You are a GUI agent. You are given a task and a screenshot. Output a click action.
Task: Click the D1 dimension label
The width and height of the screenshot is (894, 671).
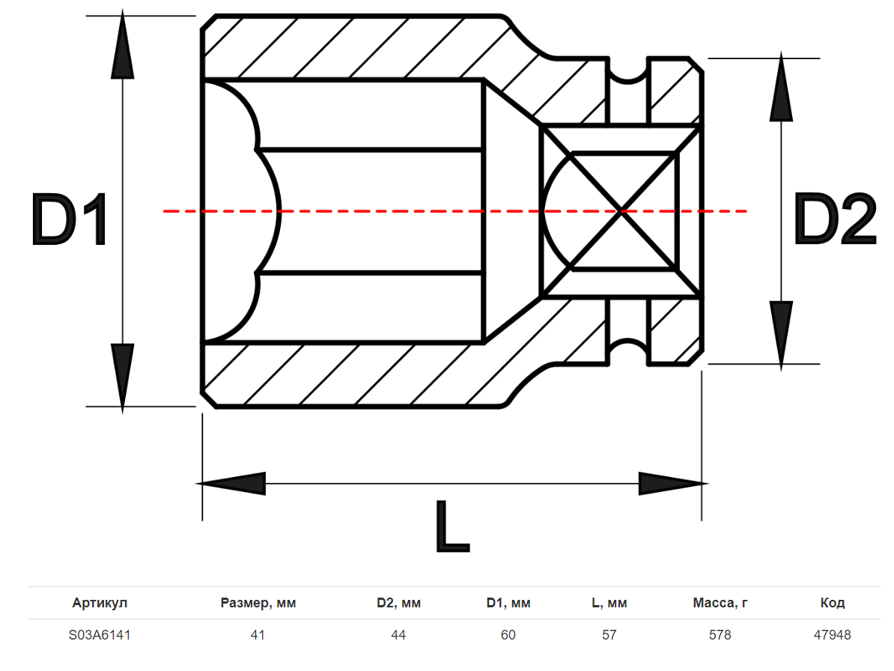tap(70, 219)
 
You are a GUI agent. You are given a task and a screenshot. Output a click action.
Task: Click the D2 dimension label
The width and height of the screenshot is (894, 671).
tap(834, 219)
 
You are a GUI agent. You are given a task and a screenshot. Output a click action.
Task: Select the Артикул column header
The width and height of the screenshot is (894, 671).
tap(100, 603)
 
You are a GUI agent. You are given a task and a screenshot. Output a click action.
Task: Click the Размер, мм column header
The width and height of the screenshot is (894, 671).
tap(258, 603)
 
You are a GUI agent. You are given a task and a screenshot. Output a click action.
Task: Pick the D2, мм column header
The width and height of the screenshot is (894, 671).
tap(398, 603)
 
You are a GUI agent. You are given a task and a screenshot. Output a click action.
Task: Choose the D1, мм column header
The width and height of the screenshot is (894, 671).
tap(508, 603)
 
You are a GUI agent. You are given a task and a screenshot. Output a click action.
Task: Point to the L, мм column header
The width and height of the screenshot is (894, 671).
tap(609, 603)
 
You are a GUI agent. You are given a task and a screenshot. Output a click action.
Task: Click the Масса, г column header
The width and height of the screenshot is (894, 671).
tap(720, 603)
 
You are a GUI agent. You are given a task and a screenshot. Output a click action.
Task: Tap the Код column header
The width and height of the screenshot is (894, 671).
tap(832, 603)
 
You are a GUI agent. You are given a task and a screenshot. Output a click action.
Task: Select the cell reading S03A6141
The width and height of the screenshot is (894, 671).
tap(100, 635)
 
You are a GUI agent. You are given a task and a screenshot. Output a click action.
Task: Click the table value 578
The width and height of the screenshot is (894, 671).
tap(720, 635)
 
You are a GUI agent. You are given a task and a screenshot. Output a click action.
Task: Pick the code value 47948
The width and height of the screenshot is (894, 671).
tap(832, 635)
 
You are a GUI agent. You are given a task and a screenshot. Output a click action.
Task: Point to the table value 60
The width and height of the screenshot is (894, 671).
tap(508, 635)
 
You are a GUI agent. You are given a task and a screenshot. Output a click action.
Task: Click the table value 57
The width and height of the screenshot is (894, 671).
tap(609, 635)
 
